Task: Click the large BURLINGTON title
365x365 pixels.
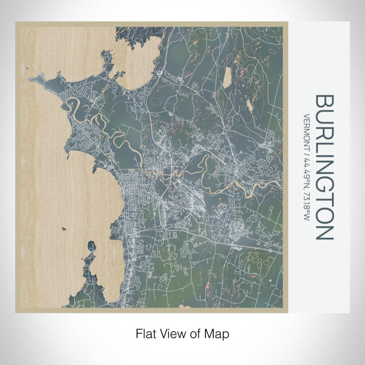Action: point(324,167)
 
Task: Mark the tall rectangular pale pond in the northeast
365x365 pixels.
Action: point(227,78)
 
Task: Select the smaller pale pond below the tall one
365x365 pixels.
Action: point(250,106)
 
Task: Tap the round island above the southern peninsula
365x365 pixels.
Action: point(92,246)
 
